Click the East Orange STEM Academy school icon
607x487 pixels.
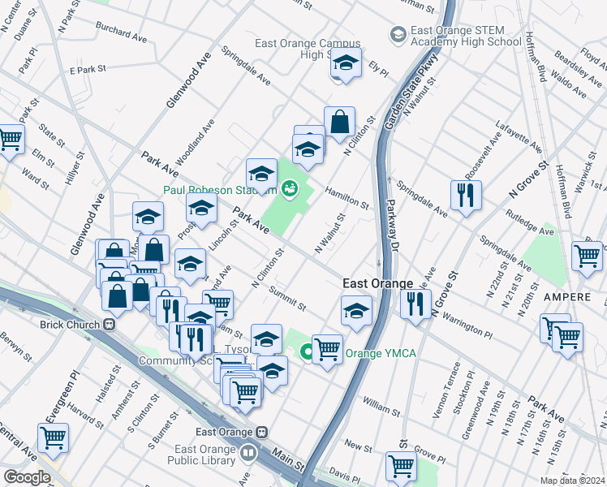(398, 34)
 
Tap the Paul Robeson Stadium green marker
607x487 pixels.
(288, 190)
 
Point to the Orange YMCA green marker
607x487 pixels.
(307, 353)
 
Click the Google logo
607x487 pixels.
(27, 477)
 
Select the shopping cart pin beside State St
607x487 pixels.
(10, 140)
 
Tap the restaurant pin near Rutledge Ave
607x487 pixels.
(466, 195)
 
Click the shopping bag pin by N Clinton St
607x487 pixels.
(340, 123)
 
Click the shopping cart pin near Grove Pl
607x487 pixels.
(402, 467)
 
